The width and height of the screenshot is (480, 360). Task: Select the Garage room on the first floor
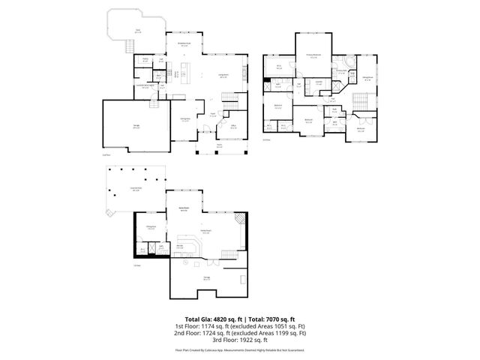click(136, 127)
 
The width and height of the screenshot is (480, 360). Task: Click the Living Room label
click(223, 76)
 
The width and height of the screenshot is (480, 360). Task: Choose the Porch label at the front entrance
click(220, 145)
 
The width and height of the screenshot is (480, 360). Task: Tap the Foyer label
click(213, 114)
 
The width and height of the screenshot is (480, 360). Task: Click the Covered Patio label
click(136, 189)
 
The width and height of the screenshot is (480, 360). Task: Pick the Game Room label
click(182, 208)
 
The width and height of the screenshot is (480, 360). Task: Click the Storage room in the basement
click(206, 277)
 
